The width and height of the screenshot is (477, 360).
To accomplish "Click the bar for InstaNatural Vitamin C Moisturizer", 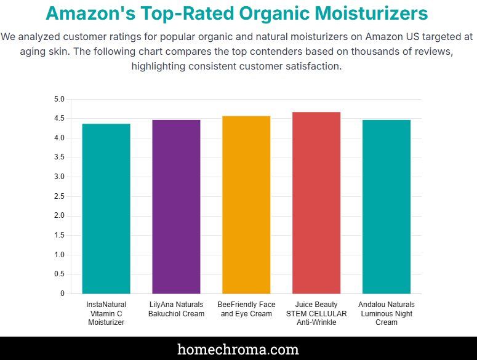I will [x=106, y=209].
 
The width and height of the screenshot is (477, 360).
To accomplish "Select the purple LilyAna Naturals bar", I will [x=176, y=207].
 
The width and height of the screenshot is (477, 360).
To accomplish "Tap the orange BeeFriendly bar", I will [x=246, y=205].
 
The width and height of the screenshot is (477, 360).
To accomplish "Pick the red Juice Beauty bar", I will [x=316, y=203].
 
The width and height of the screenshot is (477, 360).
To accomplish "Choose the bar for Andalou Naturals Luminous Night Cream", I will [x=387, y=207].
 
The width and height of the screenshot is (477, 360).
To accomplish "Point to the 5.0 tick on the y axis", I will [x=59, y=99].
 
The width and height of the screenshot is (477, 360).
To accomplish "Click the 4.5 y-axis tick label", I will [x=59, y=119].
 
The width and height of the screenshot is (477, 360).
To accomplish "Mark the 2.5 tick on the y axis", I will [x=59, y=196].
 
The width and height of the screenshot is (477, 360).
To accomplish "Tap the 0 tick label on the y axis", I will [x=62, y=294].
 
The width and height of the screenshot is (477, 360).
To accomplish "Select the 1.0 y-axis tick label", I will [x=59, y=255].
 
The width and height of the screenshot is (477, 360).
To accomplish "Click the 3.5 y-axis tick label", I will [x=59, y=158].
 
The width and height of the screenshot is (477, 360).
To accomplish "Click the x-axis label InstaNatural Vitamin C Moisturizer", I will [x=106, y=313].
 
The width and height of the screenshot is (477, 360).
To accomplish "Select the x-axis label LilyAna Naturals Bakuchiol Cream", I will [x=176, y=309].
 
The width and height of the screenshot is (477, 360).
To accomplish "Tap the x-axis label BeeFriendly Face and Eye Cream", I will [x=246, y=309].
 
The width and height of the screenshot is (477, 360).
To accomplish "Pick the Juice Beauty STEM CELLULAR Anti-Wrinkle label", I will [x=316, y=313].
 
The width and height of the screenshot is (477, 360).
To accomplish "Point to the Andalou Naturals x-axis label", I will [x=387, y=313].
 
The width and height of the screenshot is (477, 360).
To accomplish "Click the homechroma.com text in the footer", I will [x=238, y=350].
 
